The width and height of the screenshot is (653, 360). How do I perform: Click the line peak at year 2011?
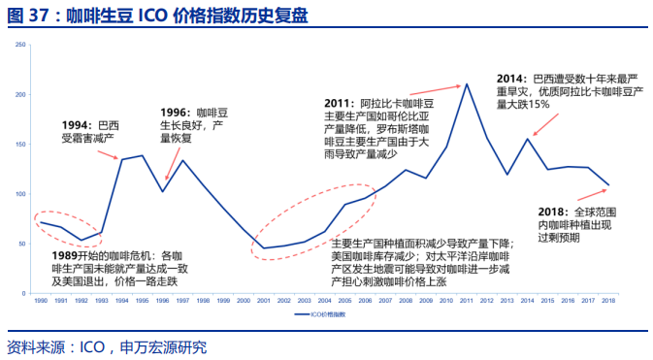[x=467, y=83]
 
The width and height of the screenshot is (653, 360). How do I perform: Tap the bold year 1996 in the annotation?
[x=174, y=113]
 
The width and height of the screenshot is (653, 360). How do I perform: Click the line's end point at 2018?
[x=608, y=184]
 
